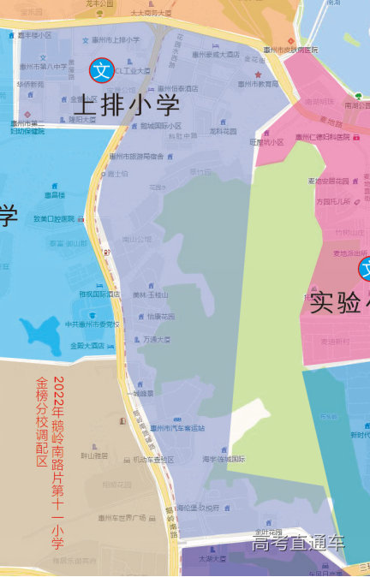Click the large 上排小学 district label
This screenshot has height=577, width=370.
click(126, 104)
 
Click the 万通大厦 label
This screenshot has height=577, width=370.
click(157, 339)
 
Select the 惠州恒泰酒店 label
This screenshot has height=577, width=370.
click(176, 88)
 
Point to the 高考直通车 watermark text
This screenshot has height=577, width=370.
click(298, 543)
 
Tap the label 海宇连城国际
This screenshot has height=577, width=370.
click(224, 459)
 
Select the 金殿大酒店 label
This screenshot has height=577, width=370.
click(87, 345)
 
